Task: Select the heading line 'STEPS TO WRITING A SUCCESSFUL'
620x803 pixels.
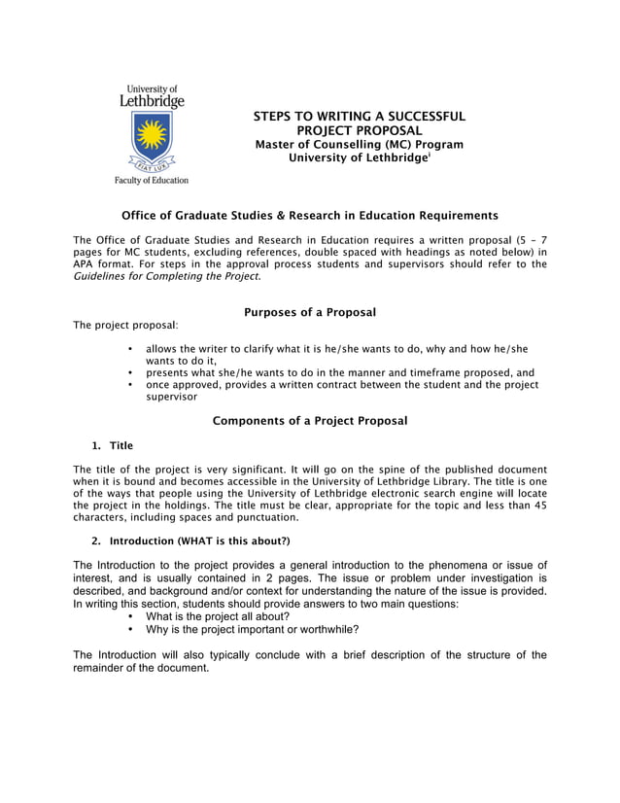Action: pos(359,117)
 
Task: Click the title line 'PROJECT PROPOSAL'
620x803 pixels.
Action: pos(359,130)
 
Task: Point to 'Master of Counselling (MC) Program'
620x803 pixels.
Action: pos(359,144)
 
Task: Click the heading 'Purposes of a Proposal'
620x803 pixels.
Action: pos(309,312)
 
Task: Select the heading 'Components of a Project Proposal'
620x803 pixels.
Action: pos(309,421)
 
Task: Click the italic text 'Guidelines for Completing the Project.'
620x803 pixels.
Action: pos(167,277)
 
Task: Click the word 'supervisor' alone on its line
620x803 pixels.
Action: pos(171,397)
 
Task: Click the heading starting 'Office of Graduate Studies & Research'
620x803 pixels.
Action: pos(309,215)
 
